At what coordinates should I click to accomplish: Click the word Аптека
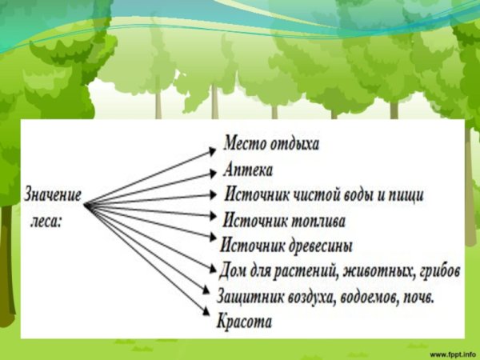249,170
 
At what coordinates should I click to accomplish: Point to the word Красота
244,322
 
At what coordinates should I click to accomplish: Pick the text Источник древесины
286,245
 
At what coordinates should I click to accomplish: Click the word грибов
439,270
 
